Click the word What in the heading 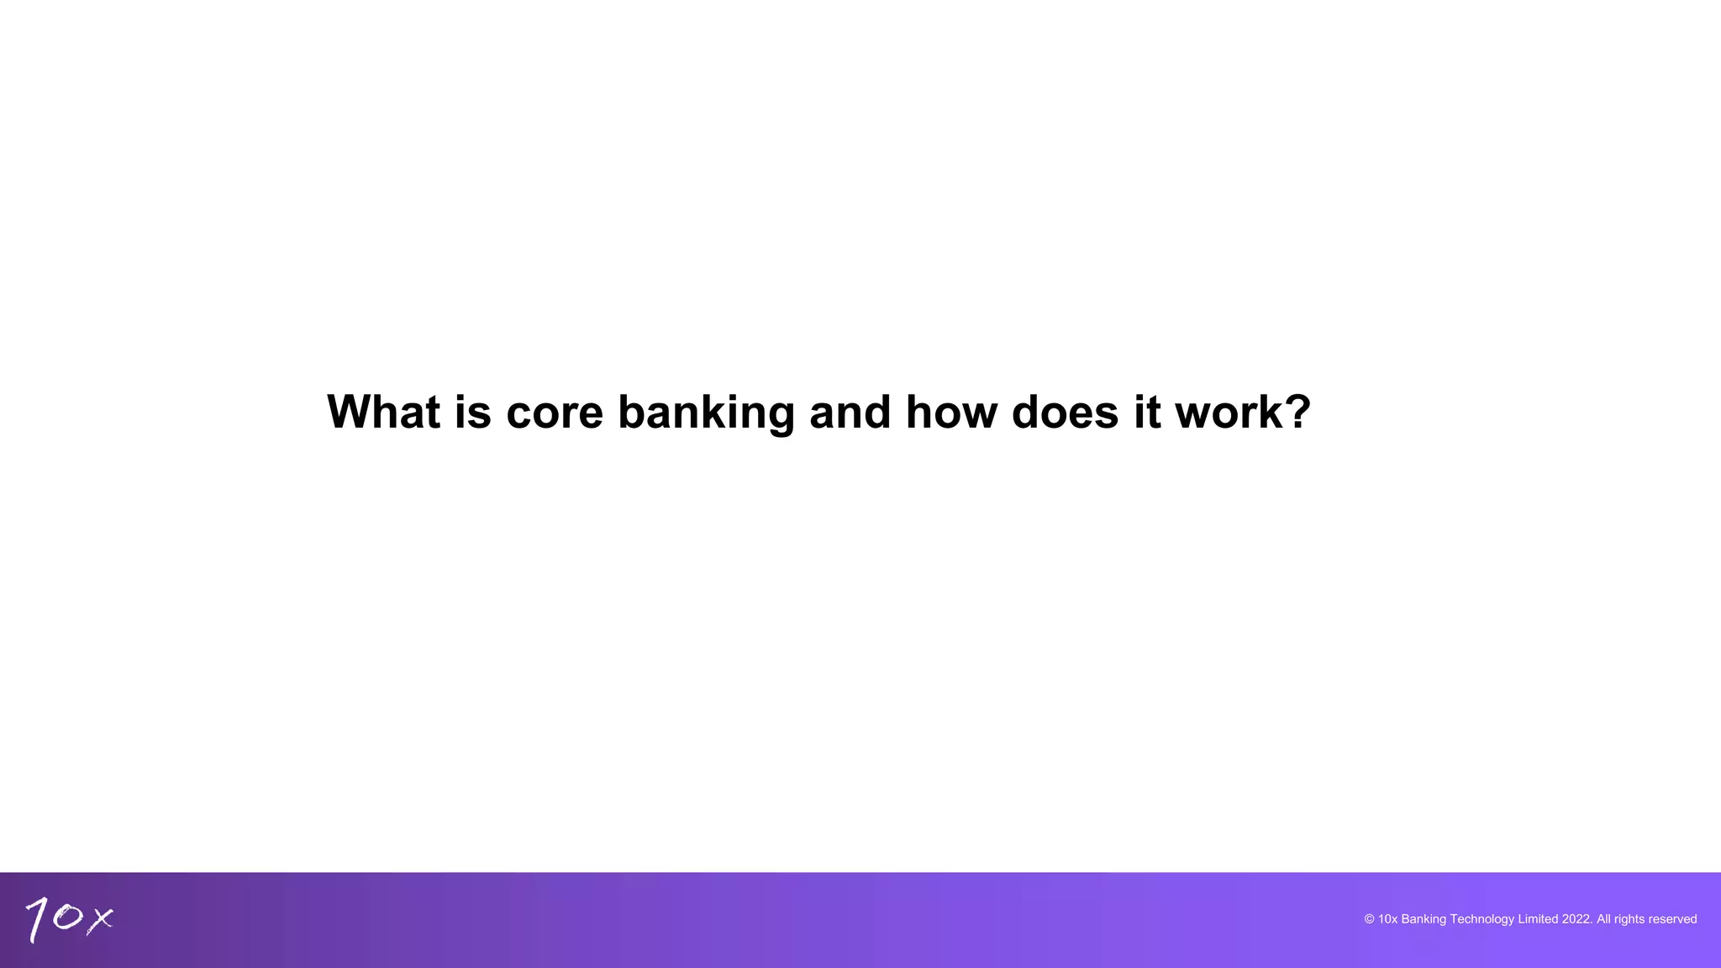(x=383, y=412)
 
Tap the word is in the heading (x=472, y=412)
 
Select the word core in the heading (x=555, y=413)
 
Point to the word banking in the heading (x=706, y=413)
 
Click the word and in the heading (x=850, y=412)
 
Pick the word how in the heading (x=950, y=412)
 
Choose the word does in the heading (x=1065, y=412)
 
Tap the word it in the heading (x=1146, y=412)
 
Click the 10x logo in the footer (x=69, y=919)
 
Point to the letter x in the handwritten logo (x=100, y=919)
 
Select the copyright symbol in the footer (x=1369, y=919)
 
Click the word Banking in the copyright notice (x=1424, y=919)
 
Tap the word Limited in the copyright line (x=1538, y=919)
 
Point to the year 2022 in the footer (x=1576, y=919)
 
